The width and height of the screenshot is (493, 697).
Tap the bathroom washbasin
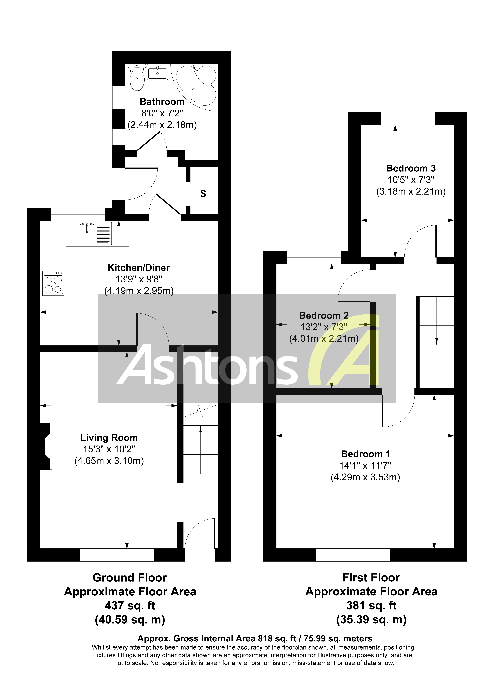pos(157,73)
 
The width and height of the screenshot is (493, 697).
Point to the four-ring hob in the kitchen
pos(53,283)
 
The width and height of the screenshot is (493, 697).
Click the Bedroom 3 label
pos(411,168)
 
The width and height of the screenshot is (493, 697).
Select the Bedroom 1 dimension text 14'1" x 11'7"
pos(365,465)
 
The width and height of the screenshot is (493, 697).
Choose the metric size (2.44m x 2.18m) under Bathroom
pos(162,125)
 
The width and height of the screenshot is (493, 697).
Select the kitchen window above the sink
pos(78,214)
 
